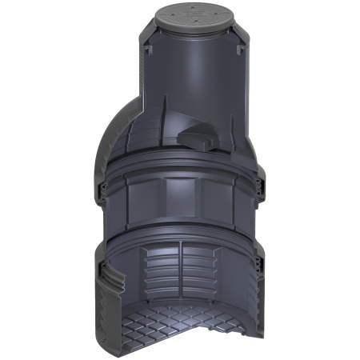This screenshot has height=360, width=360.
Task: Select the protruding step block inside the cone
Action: click(199, 137)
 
